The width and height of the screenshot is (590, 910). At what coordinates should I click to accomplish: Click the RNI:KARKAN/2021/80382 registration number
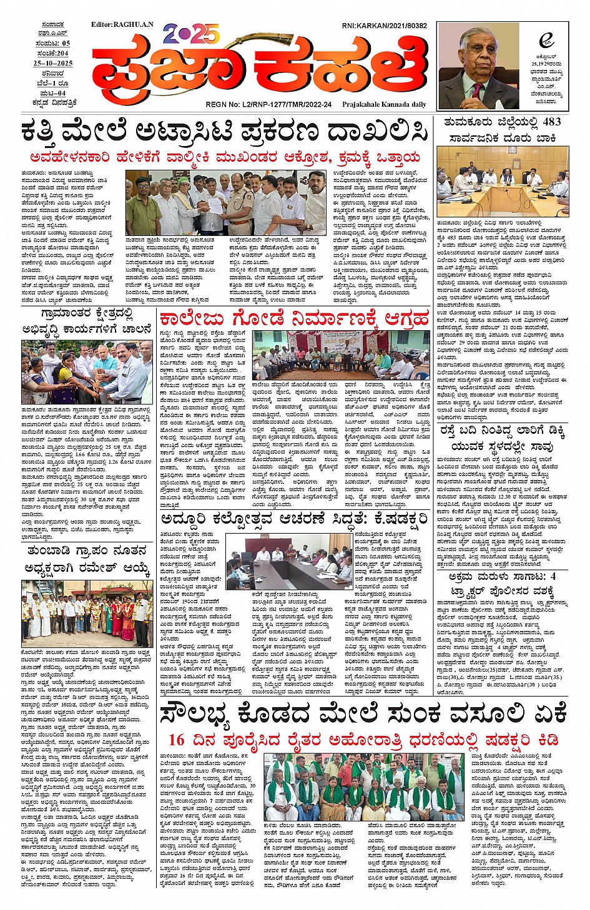(x=384, y=26)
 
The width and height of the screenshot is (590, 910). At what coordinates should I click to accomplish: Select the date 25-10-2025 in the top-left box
(x=53, y=64)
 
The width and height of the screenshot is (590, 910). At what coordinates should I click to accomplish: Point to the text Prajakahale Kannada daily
(x=384, y=105)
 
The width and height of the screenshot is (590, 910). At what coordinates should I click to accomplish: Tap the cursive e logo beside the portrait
(x=546, y=41)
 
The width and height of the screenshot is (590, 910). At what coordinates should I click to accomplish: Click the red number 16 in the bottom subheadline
(x=177, y=740)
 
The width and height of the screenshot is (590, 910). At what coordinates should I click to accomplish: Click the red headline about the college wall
(x=294, y=319)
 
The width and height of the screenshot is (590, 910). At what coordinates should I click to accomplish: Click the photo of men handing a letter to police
(x=226, y=202)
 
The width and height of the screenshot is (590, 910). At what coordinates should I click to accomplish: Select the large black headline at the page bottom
(x=363, y=712)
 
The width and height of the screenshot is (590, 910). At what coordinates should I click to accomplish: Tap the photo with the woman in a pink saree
(x=86, y=372)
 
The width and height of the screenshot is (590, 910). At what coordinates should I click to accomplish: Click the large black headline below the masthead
(x=225, y=132)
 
